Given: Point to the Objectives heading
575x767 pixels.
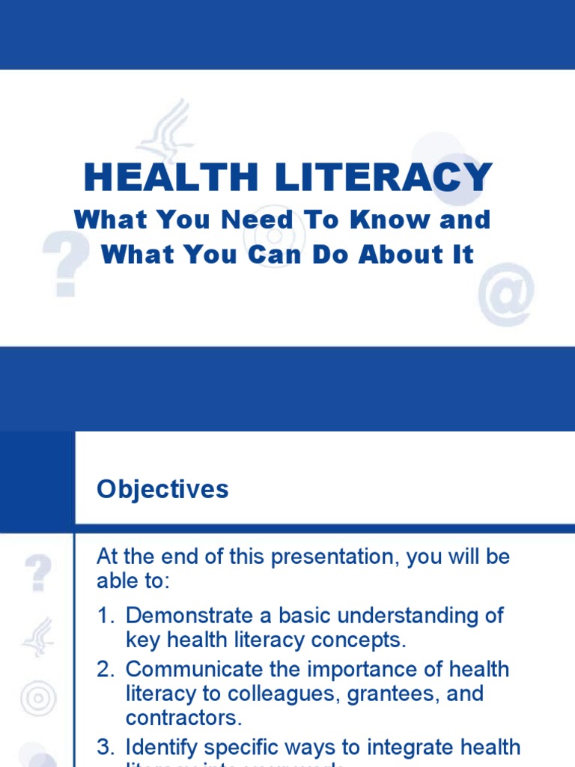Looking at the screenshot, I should pos(162,489).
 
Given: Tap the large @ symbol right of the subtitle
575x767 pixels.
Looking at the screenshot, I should pos(506,294).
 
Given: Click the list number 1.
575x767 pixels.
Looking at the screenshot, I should pos(103,616).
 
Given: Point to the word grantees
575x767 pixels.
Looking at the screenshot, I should pos(388,694).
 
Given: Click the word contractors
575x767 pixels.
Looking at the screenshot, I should pos(183,718).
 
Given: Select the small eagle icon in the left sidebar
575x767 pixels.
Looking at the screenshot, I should pos(37,637).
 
